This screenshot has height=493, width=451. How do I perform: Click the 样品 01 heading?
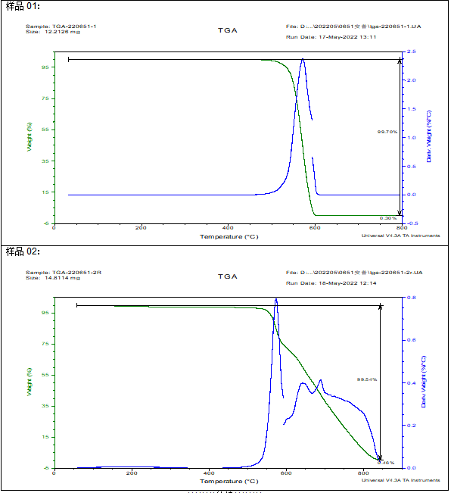22,6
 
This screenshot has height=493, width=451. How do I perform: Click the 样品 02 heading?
22,251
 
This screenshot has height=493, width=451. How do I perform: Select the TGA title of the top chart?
228,31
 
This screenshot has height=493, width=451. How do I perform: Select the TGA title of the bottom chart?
228,276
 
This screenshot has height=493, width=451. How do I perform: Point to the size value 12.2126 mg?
63,33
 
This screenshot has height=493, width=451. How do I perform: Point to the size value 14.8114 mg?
63,278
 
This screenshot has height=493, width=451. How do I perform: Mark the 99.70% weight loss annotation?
387,132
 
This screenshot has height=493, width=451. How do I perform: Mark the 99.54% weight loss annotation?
367,379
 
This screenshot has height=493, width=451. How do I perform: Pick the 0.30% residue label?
387,218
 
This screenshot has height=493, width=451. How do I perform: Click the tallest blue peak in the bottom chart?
276,300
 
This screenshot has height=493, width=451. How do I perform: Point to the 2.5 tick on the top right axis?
410,51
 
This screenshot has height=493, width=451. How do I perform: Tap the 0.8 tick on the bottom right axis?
410,298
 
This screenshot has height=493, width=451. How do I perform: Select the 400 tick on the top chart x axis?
227,228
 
